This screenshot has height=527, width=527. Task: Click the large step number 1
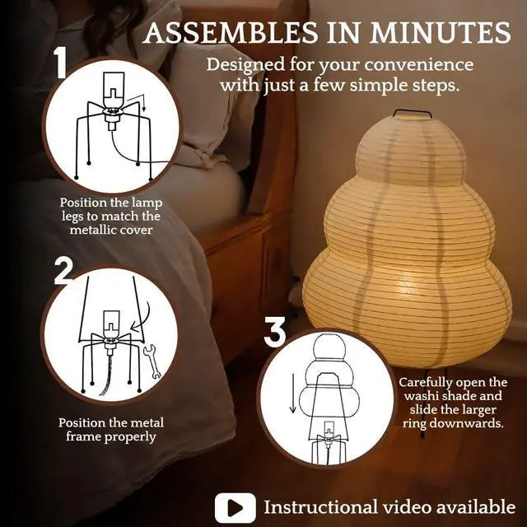(x=61, y=64)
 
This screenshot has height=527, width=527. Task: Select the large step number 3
(x=274, y=333)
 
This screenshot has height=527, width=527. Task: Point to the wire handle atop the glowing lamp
(x=413, y=113)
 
